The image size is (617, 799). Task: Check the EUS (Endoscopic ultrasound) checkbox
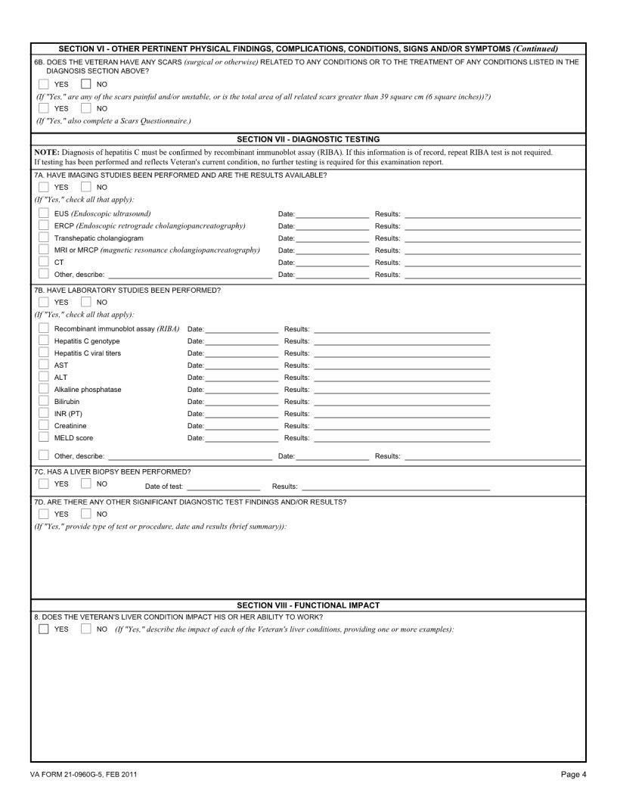[44, 213]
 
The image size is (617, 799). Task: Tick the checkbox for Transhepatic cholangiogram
[44, 238]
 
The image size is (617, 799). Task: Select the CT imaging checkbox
[44, 262]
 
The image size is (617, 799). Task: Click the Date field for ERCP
[332, 226]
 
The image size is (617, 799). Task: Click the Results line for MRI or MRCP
[492, 250]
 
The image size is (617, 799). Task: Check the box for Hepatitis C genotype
[44, 340]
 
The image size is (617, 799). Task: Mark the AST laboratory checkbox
[44, 365]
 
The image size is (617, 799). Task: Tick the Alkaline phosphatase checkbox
[44, 389]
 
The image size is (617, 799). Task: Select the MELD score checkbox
[44, 437]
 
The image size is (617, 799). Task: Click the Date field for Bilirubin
[241, 402]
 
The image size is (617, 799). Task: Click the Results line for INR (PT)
[402, 414]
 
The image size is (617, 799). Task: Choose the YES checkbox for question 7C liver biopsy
[44, 483]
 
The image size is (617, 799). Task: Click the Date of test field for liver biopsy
[223, 487]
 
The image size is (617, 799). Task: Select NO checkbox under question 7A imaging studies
[86, 187]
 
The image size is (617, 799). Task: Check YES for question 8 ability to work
[44, 629]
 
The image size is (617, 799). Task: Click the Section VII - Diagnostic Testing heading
[308, 139]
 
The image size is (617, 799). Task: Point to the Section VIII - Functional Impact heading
[308, 605]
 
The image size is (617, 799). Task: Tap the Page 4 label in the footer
[573, 774]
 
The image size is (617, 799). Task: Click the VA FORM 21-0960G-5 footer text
[84, 774]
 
